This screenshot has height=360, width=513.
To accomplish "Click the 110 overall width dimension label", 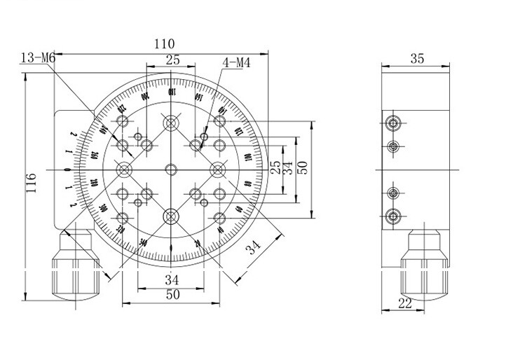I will [165, 43].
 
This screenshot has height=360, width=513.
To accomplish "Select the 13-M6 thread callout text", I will [39, 58].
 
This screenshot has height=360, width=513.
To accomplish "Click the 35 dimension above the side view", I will [416, 60].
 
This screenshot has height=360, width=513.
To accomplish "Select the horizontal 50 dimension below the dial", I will [172, 295].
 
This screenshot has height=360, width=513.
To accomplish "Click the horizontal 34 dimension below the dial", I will [172, 279].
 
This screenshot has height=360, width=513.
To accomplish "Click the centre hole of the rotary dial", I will [171, 169].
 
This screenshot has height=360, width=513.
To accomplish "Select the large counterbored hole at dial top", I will [171, 123].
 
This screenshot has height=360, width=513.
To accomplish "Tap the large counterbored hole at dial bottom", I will [171, 216].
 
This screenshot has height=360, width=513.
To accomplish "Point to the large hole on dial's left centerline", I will [125, 169].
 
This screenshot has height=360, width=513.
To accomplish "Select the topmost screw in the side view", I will [393, 124].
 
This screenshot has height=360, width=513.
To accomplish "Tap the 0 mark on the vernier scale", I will [67, 169].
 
